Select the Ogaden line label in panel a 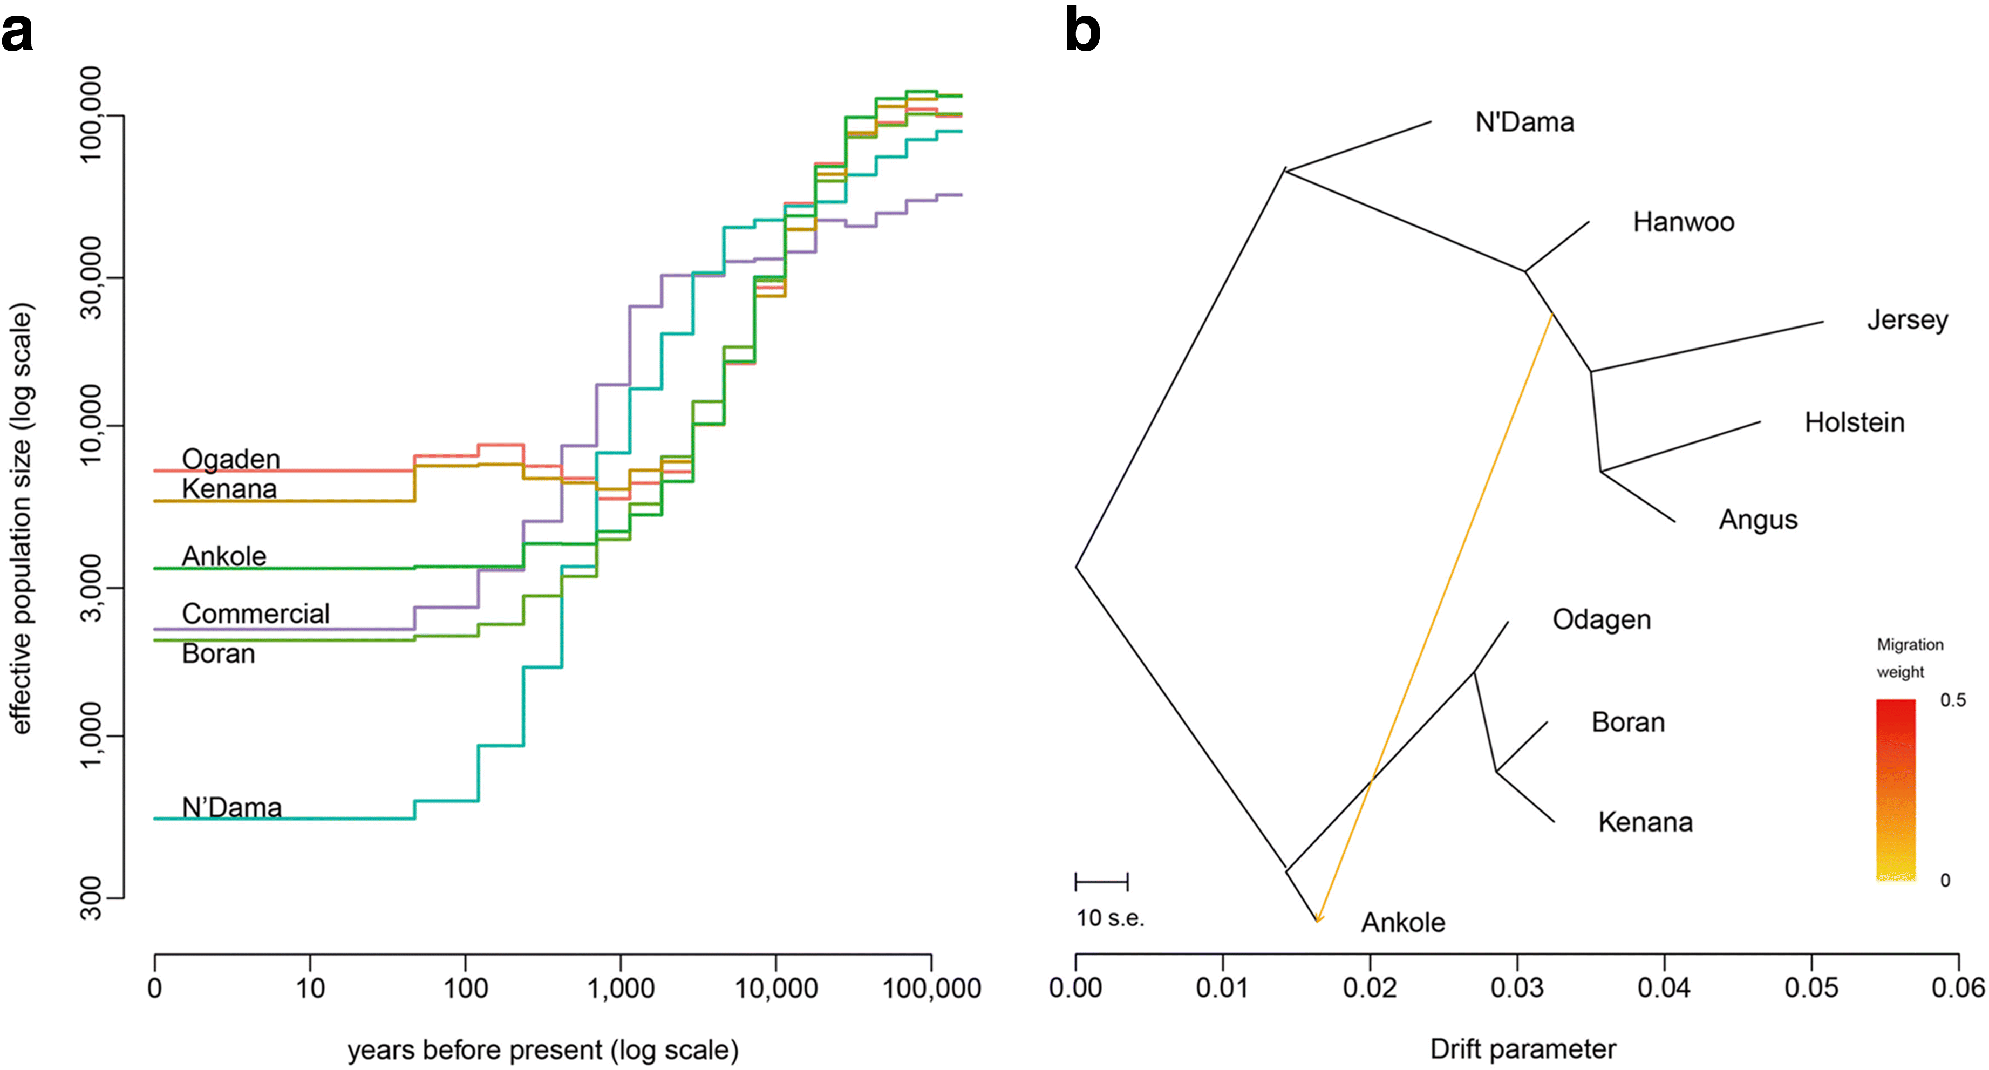click(x=230, y=459)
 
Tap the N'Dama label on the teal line click(x=231, y=808)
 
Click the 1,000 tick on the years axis click(x=621, y=988)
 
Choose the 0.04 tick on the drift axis click(x=1664, y=988)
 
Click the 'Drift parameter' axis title click(x=1523, y=1049)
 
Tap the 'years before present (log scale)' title click(x=543, y=1050)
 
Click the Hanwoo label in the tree click(x=1683, y=222)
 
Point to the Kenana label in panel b click(x=1645, y=822)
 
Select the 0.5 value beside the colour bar click(x=1953, y=700)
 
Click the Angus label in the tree click(x=1758, y=520)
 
